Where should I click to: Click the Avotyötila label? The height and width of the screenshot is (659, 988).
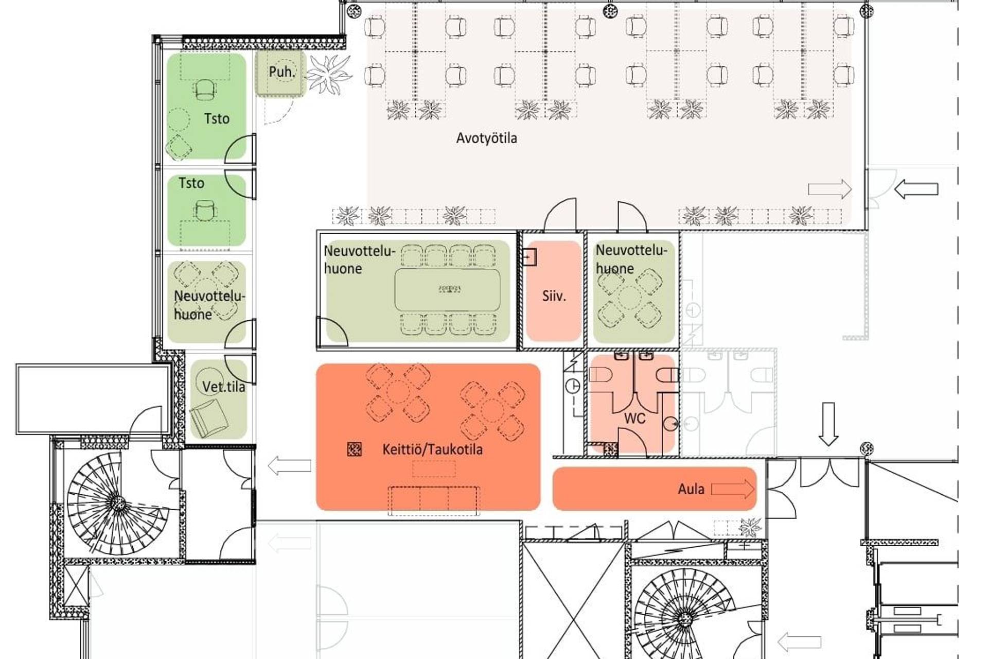click(x=486, y=138)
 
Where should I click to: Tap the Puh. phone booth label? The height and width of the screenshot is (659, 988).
click(x=281, y=72)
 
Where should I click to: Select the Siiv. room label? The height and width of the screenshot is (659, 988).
click(x=554, y=296)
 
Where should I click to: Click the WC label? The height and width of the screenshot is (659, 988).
click(x=634, y=418)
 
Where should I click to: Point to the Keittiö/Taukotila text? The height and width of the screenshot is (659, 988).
click(x=432, y=449)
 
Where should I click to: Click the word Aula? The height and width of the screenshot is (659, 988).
click(x=691, y=489)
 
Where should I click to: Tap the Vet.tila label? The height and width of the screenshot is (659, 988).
click(x=223, y=387)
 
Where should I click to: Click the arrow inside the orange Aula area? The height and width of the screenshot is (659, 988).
click(x=732, y=489)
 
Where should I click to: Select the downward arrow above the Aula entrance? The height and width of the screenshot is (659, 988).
click(x=828, y=424)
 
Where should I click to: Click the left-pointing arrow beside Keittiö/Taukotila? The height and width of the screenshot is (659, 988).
click(x=289, y=466)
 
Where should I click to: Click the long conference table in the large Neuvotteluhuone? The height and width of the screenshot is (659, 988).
click(x=447, y=289)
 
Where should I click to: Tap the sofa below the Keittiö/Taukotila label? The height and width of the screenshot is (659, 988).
click(x=434, y=500)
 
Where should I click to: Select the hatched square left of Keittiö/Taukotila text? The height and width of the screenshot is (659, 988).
click(x=355, y=449)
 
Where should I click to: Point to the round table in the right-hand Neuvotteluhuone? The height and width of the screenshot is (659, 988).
click(x=629, y=298)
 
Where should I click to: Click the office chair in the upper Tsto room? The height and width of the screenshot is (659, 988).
click(x=205, y=90)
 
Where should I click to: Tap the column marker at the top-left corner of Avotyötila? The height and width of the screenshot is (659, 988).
click(x=353, y=10)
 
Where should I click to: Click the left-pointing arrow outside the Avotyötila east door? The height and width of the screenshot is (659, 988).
click(x=916, y=189)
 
